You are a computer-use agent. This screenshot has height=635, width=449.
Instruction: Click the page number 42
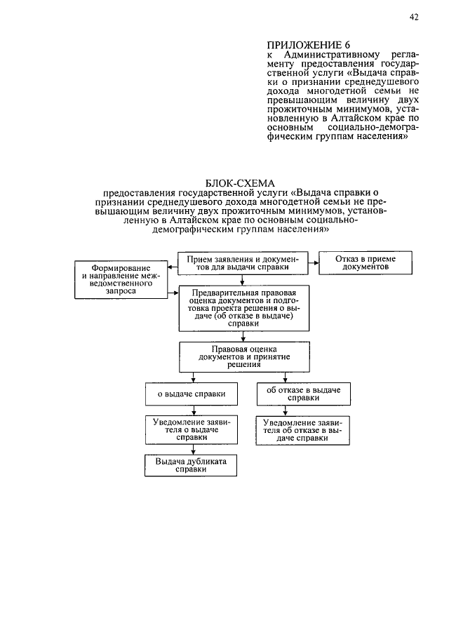point(413,18)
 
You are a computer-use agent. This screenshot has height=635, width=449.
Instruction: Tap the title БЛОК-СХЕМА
point(242,184)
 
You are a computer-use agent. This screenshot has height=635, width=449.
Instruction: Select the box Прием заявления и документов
point(242,264)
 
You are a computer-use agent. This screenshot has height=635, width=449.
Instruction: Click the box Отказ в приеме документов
point(365,264)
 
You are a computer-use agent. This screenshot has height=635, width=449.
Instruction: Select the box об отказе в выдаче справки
point(304,393)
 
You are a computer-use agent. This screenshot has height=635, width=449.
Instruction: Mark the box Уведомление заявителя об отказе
point(303,429)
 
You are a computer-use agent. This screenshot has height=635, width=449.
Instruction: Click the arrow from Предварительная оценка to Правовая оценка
point(242,337)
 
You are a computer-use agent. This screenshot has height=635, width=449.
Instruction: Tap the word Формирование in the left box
point(123,269)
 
